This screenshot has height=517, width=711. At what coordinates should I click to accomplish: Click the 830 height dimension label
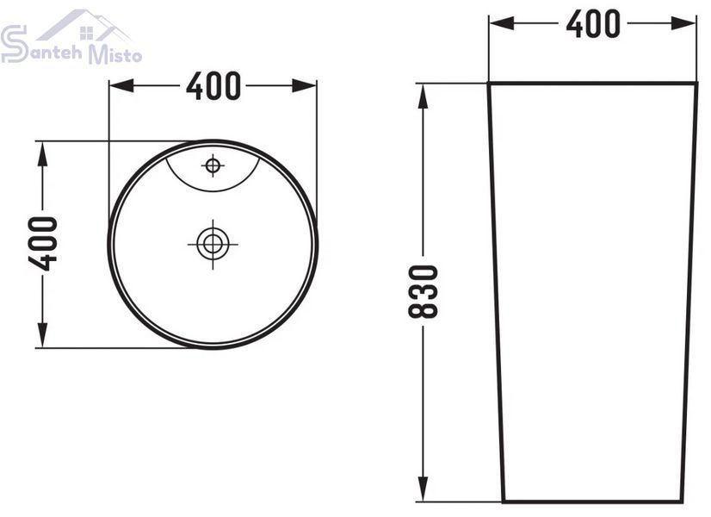coord(423,291)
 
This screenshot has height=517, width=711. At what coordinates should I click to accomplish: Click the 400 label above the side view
coord(593,23)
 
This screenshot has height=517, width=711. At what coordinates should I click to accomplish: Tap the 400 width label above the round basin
coord(213,86)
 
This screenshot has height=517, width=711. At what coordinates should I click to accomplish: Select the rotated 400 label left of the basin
coord(43,244)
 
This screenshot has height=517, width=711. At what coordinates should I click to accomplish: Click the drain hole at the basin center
coord(213,244)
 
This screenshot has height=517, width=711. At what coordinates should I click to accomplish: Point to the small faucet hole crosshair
coord(213,165)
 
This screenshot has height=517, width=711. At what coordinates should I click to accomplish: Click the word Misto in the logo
coord(115,53)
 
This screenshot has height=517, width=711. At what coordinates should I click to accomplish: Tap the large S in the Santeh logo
coord(14,44)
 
